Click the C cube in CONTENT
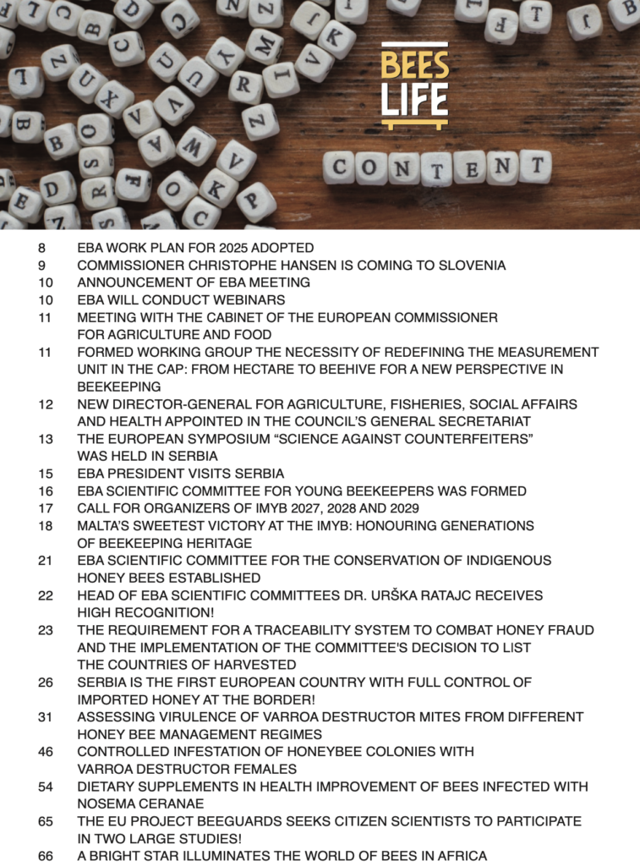tap(340, 167)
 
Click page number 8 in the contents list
tap(41, 248)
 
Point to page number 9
tap(41, 266)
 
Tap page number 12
tap(46, 404)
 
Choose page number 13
tap(46, 439)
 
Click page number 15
tap(46, 474)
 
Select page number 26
tap(46, 682)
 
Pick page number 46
tap(46, 751)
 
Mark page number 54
tap(46, 787)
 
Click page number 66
tap(46, 856)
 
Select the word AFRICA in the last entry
tap(462, 856)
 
